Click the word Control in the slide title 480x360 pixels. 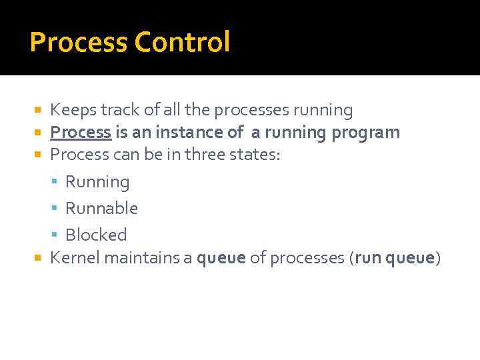coord(182,42)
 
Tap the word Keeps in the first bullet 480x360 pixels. coord(71,110)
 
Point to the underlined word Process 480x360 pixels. coord(81,133)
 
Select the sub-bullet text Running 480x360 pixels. coord(97,182)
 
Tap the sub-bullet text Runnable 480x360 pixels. coord(101,209)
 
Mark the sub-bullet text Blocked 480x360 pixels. coord(96,235)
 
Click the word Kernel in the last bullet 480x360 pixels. coord(73,258)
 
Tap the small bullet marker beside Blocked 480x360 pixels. coord(57,235)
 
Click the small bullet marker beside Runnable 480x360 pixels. coord(57,209)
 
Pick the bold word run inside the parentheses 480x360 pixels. coord(366,258)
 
